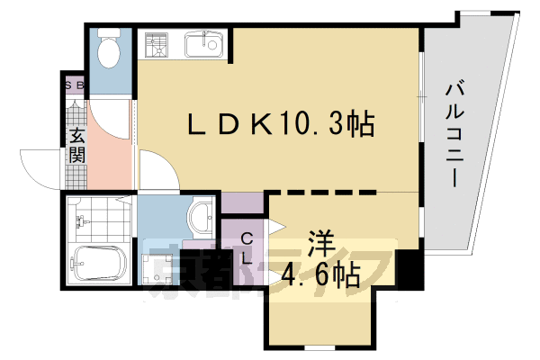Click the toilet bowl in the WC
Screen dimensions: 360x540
coord(110,53)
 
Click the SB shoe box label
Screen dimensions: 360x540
coord(74,86)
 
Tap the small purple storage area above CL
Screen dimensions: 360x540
coord(242,203)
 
